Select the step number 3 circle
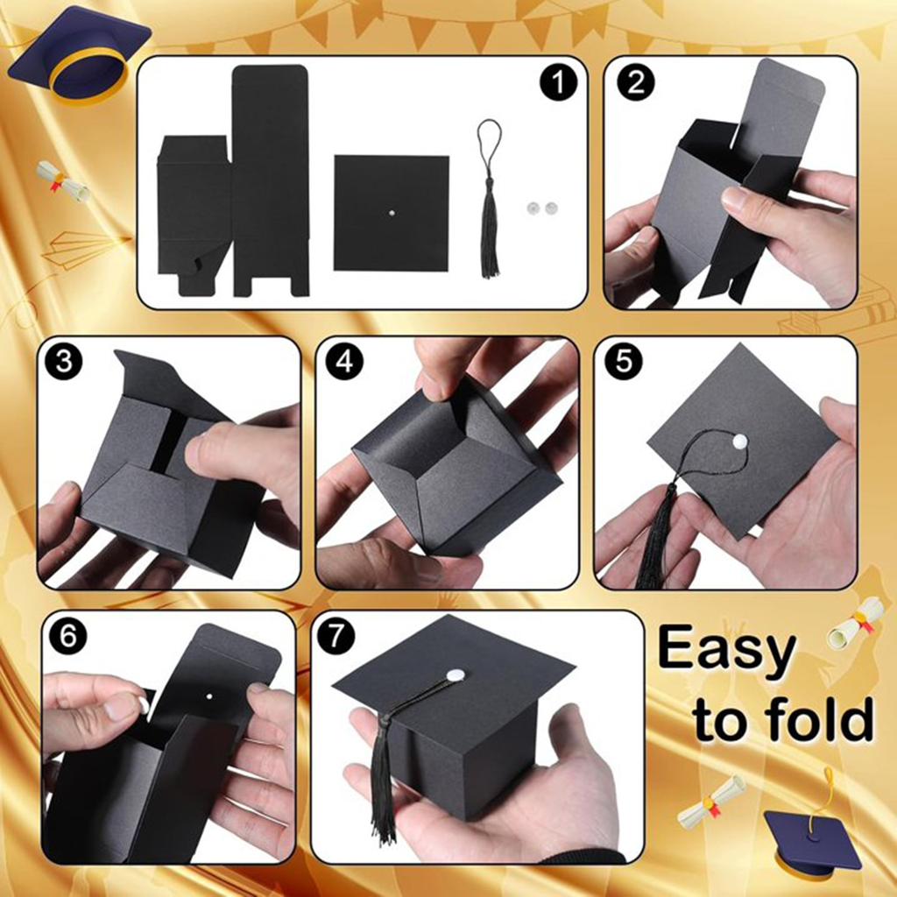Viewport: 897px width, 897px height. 63,362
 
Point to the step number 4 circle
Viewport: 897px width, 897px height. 344,362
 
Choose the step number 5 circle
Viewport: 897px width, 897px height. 624,362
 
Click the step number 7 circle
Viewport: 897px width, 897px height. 335,636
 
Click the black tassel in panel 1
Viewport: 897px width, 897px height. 489,201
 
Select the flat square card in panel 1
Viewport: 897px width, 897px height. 392,212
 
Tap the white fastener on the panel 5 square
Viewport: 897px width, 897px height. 739,441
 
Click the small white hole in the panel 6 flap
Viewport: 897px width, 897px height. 208,696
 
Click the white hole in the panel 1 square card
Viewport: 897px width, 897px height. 392,213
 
